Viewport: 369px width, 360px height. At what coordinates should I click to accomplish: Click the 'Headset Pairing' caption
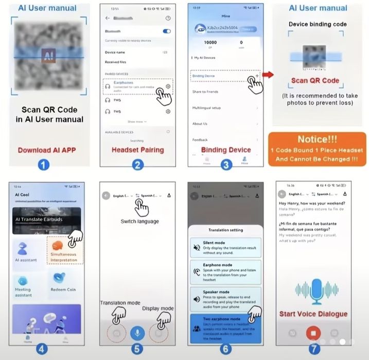coord(137,150)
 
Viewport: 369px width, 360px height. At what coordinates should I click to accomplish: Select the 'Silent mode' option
coord(225,248)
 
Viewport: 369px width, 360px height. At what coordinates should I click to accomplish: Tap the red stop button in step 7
coord(313,333)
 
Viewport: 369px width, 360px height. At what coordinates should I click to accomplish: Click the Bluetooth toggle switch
coord(166,31)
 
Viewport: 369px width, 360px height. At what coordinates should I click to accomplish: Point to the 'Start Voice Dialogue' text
coord(313,313)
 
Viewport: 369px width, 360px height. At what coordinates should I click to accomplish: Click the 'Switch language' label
coord(139,221)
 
